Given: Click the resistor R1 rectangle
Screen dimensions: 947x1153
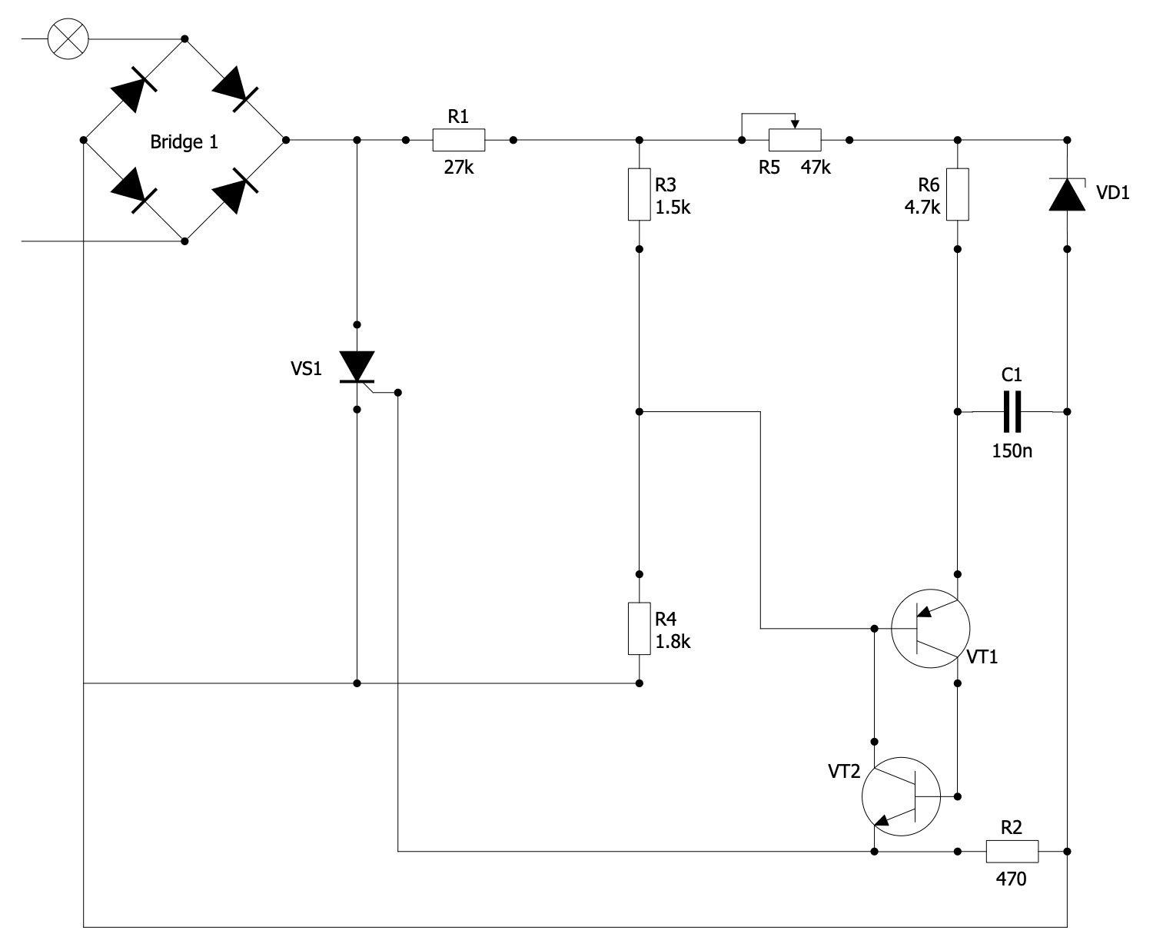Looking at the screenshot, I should click(459, 141).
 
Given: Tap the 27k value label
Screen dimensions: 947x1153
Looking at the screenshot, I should click(459, 167).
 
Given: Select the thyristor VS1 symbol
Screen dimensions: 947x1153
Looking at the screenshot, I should click(357, 367).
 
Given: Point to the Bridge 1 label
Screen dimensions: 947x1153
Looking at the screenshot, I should click(184, 142).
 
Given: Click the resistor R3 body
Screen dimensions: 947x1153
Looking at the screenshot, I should click(640, 194).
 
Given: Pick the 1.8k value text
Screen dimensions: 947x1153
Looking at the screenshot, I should click(673, 642).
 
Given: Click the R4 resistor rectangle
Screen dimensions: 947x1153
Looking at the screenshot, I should click(640, 630).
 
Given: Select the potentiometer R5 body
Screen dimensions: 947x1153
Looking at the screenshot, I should click(795, 141).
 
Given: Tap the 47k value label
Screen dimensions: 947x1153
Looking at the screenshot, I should click(816, 168).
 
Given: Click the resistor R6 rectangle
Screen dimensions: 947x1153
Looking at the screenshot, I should click(957, 194).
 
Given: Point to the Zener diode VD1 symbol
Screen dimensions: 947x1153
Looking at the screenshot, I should click(1067, 195).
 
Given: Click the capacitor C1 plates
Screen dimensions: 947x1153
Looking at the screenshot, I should click(1012, 412).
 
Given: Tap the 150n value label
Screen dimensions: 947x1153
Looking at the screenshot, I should click(1012, 450).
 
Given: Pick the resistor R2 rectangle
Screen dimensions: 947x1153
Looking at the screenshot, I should click(1012, 852).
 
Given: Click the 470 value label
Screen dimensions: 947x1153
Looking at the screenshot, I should click(1011, 879).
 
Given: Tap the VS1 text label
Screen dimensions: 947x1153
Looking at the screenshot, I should click(306, 369).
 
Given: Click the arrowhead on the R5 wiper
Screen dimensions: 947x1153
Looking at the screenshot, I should click(796, 125).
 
